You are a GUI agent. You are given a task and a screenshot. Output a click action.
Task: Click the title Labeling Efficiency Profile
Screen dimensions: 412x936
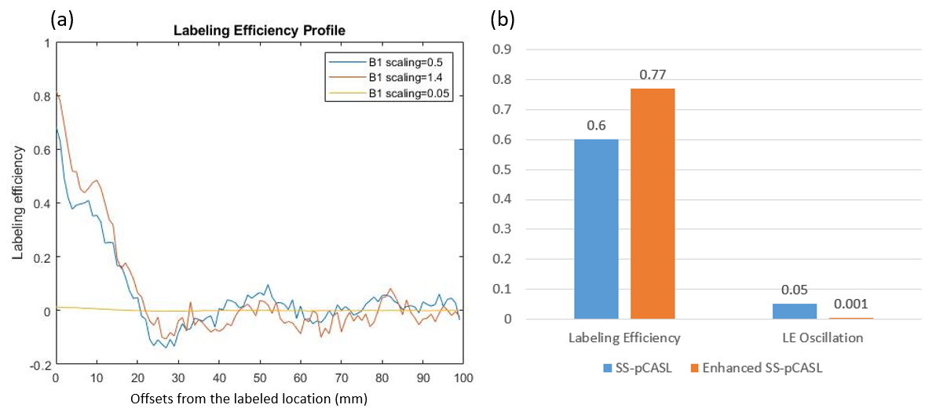(260, 30)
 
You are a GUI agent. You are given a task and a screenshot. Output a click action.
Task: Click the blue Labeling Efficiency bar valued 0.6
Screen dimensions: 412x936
(596, 228)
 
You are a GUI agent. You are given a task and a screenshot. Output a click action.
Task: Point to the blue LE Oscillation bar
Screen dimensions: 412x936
(794, 311)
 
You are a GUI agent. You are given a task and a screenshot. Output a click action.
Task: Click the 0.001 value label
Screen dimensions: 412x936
(851, 303)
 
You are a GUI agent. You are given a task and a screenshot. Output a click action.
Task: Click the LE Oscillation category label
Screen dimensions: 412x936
(821, 337)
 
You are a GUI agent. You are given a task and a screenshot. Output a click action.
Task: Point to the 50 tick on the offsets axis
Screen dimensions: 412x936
(260, 377)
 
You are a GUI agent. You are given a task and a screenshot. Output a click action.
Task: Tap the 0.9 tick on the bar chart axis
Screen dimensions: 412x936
(501, 49)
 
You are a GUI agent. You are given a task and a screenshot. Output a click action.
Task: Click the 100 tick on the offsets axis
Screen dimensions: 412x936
(463, 377)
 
